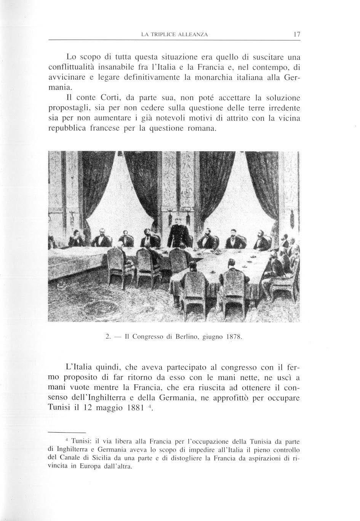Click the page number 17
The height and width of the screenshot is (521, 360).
(x=297, y=34)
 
